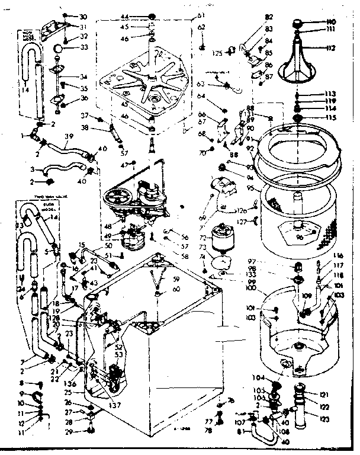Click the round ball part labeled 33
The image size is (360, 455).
[x=58, y=48]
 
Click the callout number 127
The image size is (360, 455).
[x=243, y=222]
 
